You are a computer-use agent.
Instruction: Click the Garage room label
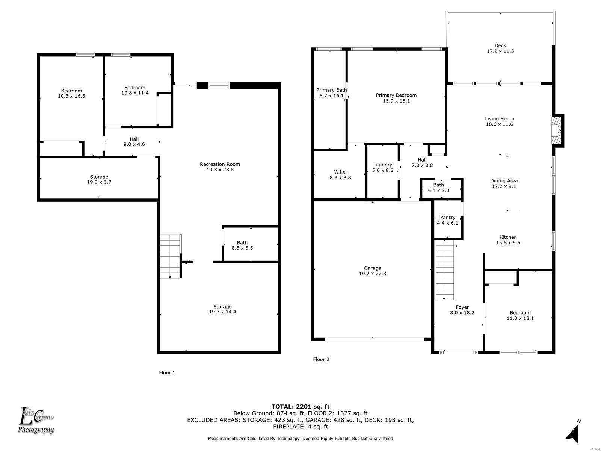(372, 268)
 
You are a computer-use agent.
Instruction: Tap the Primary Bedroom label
(396, 95)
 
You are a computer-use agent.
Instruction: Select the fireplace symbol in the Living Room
(556, 131)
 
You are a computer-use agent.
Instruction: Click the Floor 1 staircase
(170, 256)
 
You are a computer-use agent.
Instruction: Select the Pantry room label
(447, 218)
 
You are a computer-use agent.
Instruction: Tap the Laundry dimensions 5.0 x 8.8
(382, 170)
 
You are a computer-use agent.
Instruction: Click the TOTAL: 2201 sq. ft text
(300, 407)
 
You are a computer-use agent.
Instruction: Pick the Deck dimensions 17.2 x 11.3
(500, 51)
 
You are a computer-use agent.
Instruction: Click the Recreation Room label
(220, 164)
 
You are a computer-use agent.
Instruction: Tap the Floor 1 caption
(167, 373)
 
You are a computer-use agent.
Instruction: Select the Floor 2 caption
(321, 360)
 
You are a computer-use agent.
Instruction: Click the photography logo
(36, 421)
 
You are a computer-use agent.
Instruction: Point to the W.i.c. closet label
(340, 172)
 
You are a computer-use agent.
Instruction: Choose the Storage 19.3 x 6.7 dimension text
(99, 182)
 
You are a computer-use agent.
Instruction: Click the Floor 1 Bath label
(242, 243)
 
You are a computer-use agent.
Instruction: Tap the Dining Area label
(504, 181)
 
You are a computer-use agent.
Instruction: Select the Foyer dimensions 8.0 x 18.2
(462, 313)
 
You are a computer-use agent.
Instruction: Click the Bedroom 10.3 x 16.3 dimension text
(71, 96)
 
